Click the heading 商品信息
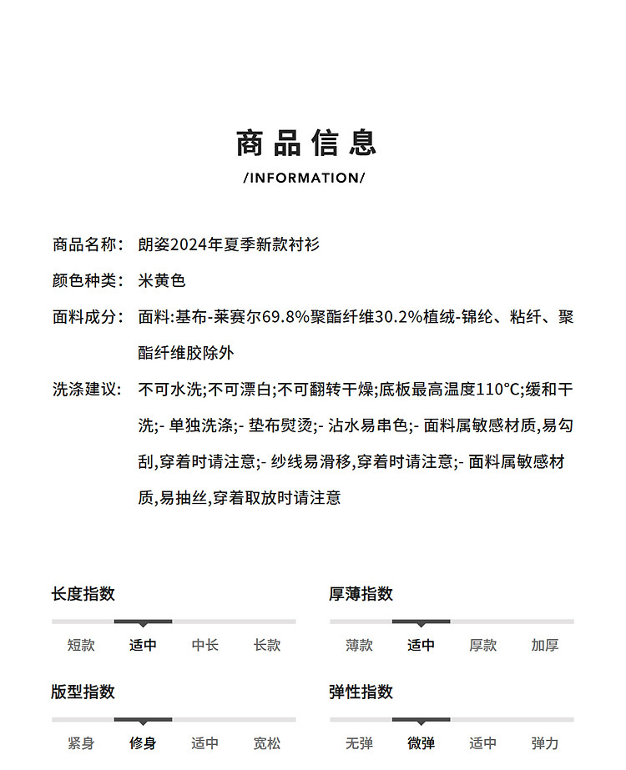coord(306,143)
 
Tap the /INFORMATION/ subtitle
coord(305,178)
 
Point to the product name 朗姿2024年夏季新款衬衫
coord(229,244)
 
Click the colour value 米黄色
coord(161,281)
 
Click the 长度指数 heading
coord(83,594)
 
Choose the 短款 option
coord(81,645)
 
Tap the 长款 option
coord(267,645)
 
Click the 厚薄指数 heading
coord(361,594)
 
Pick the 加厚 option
coord(545,645)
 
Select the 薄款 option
coord(359,645)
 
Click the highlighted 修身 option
coord(143,742)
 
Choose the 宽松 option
coord(267,742)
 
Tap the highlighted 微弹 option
coord(421,742)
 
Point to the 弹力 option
coord(545,742)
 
